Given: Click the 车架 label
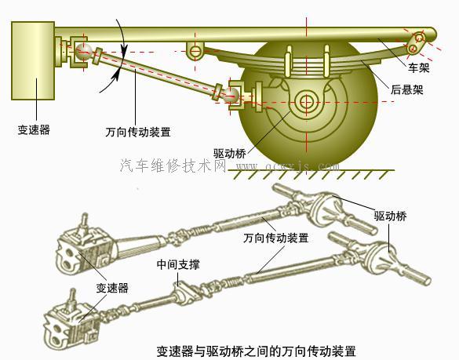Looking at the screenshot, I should tap(418, 69).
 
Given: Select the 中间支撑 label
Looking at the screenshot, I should tap(178, 265).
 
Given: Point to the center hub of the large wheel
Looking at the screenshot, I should tap(305, 101).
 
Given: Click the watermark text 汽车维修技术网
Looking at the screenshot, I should tap(176, 166).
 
